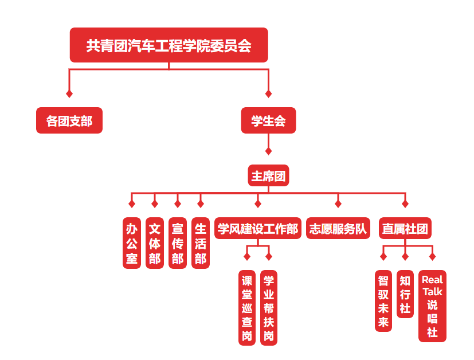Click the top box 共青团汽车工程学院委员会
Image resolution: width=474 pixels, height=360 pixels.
pos(169,45)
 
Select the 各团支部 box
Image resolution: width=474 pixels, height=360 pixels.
pos(69,121)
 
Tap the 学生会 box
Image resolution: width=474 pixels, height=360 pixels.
pos(268,121)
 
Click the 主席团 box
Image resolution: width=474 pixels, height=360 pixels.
pos(268,175)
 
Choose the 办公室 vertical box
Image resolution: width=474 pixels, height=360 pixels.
pos(132,242)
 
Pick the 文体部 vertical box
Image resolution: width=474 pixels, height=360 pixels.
pos(155,242)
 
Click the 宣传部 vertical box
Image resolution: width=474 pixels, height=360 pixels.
pos(178,242)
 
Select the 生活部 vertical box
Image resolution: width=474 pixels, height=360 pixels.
pos(200,242)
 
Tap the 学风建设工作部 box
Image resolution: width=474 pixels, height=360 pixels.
pos(258,229)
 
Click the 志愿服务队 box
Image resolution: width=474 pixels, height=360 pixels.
pos(338,229)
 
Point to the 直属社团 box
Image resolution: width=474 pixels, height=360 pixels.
pos(405,229)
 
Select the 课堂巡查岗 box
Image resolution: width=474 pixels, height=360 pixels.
pos(247,308)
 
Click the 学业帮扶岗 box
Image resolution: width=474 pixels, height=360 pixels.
pos(268,308)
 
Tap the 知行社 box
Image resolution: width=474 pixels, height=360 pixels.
pos(405,294)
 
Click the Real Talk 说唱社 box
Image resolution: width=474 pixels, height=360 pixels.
pos(432,306)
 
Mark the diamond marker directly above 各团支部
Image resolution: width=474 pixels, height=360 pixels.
pos(69,93)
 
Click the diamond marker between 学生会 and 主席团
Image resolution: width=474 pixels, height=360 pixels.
pos(268,151)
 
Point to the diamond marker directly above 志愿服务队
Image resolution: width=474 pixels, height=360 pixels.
pos(338,204)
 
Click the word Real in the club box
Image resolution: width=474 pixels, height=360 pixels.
pos(432,280)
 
